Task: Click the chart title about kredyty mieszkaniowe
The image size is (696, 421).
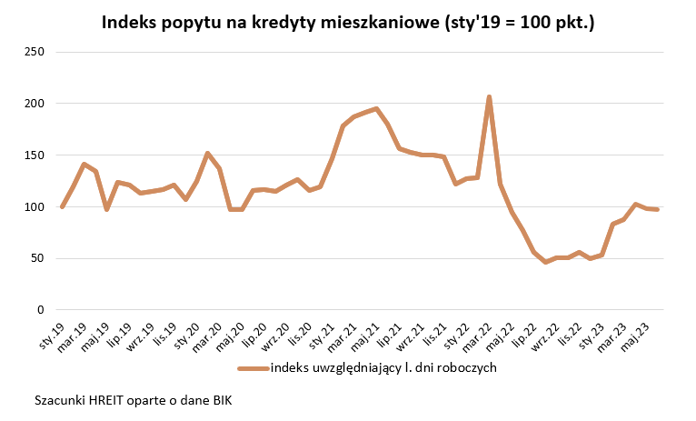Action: pyautogui.click(x=347, y=22)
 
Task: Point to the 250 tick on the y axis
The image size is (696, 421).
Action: pyautogui.click(x=34, y=52)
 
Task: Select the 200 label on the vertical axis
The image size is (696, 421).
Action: pyautogui.click(x=34, y=104)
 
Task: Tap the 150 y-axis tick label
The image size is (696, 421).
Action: pyautogui.click(x=34, y=155)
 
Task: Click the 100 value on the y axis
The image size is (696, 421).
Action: pyautogui.click(x=34, y=207)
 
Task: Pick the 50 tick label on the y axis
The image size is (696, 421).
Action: pyautogui.click(x=37, y=258)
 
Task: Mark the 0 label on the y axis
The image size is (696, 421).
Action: pyautogui.click(x=41, y=310)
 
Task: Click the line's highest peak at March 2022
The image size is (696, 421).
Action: pyautogui.click(x=489, y=96)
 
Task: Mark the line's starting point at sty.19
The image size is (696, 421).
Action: pyautogui.click(x=62, y=207)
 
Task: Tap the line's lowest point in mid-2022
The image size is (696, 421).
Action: pyautogui.click(x=546, y=262)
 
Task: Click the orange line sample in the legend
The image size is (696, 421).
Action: pyautogui.click(x=254, y=368)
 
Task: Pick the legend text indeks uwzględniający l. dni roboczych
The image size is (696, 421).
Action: pyautogui.click(x=382, y=368)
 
